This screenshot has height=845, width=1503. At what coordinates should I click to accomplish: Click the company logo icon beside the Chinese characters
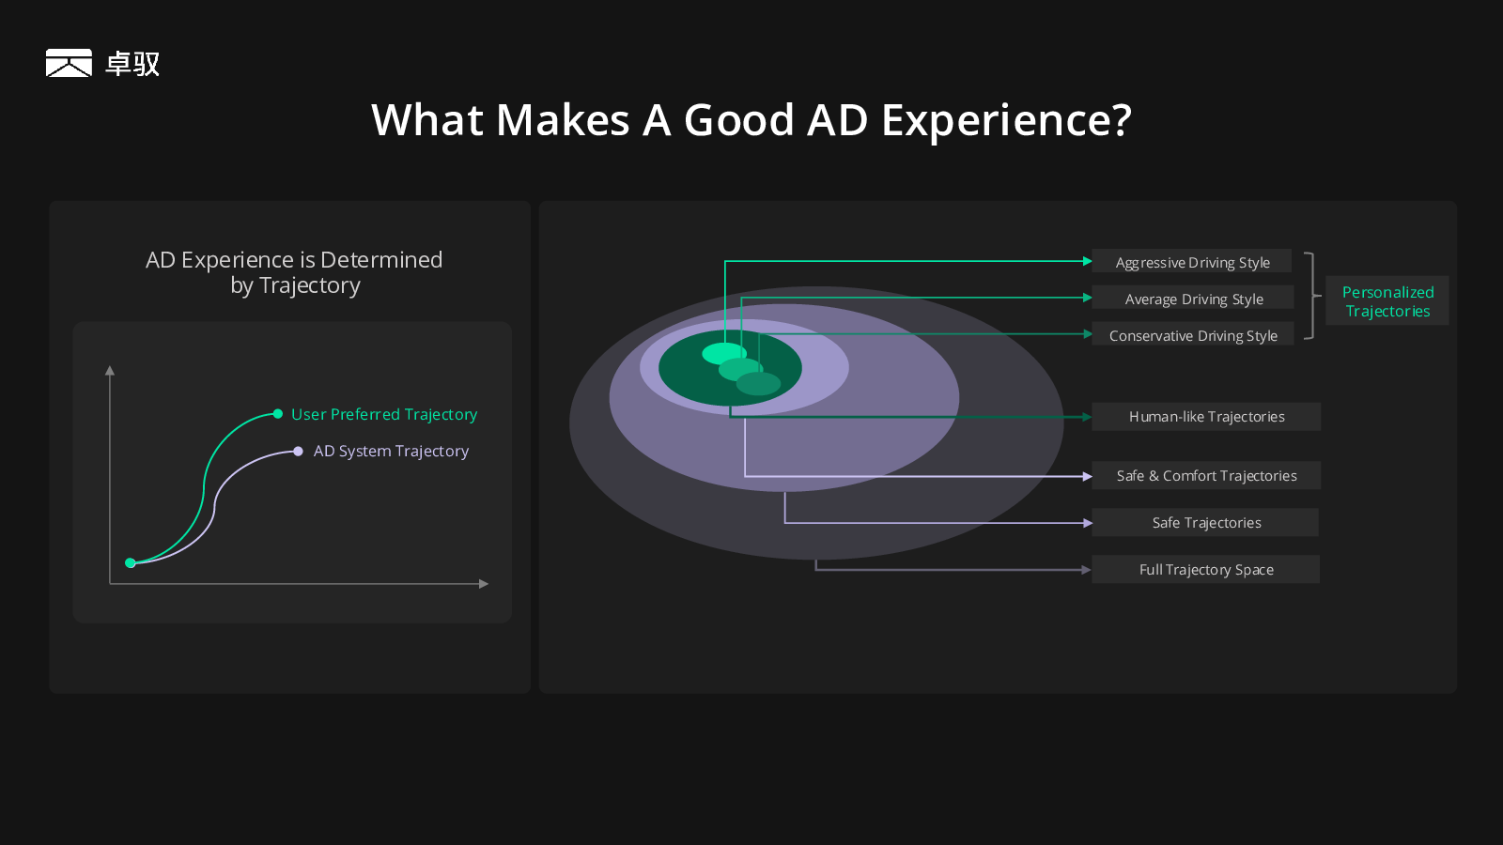pyautogui.click(x=69, y=63)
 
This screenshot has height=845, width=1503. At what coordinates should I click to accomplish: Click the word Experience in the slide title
pyautogui.click(x=1006, y=120)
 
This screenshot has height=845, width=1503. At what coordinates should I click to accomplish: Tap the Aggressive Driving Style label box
pyautogui.click(x=1192, y=262)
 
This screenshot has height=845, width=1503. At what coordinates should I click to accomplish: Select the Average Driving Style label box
pyautogui.click(x=1193, y=298)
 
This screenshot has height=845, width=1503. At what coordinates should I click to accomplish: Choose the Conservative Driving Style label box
pyautogui.click(x=1193, y=334)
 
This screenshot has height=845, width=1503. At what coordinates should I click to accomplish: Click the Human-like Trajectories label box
pyautogui.click(x=1206, y=417)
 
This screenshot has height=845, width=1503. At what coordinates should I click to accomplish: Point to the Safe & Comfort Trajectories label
pyautogui.click(x=1206, y=475)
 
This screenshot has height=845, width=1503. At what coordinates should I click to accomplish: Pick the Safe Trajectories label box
pyautogui.click(x=1206, y=522)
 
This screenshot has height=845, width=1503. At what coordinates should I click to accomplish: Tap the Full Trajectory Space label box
pyautogui.click(x=1206, y=569)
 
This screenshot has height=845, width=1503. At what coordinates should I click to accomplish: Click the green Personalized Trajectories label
pyautogui.click(x=1387, y=301)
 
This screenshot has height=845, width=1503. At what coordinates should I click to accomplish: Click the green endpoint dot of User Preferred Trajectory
pyautogui.click(x=278, y=414)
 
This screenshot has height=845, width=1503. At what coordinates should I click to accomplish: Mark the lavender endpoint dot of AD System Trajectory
pyautogui.click(x=298, y=452)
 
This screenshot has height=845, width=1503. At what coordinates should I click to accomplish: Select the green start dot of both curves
pyautogui.click(x=131, y=562)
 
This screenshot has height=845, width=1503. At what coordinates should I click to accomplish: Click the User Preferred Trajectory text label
pyautogui.click(x=384, y=414)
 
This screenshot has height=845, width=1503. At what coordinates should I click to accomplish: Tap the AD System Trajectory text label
pyautogui.click(x=391, y=451)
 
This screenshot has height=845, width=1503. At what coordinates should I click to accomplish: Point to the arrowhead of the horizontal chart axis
pyautogui.click(x=484, y=584)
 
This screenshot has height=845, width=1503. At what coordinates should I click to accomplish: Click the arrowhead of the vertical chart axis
pyautogui.click(x=110, y=370)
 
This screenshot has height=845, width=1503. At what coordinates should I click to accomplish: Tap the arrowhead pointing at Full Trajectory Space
pyautogui.click(x=1087, y=570)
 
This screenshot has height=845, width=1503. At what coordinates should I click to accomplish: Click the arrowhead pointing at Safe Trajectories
pyautogui.click(x=1088, y=523)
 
